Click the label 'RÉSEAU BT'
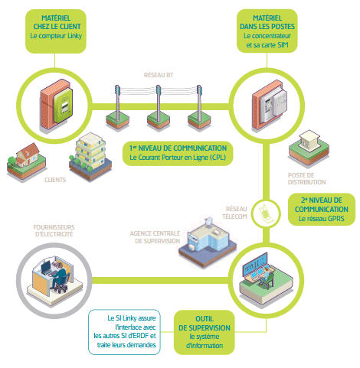click(159, 75)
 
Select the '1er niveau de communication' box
click(178, 151)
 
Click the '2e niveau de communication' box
click(322, 209)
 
